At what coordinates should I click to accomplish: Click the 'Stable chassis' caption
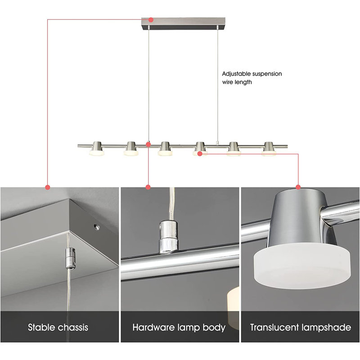pyautogui.click(x=58, y=327)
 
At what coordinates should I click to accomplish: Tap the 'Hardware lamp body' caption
pyautogui.click(x=179, y=327)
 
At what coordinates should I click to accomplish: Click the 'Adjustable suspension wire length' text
pyautogui.click(x=252, y=78)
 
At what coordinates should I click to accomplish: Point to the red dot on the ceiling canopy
pyautogui.click(x=151, y=20)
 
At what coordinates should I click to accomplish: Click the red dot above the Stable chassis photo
pyautogui.click(x=48, y=187)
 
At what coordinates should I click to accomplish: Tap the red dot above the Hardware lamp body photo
pyautogui.click(x=148, y=187)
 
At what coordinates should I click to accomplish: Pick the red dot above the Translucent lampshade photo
pyautogui.click(x=298, y=187)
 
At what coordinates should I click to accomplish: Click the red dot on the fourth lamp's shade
pyautogui.click(x=199, y=153)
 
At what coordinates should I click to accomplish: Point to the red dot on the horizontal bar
pyautogui.click(x=148, y=144)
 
